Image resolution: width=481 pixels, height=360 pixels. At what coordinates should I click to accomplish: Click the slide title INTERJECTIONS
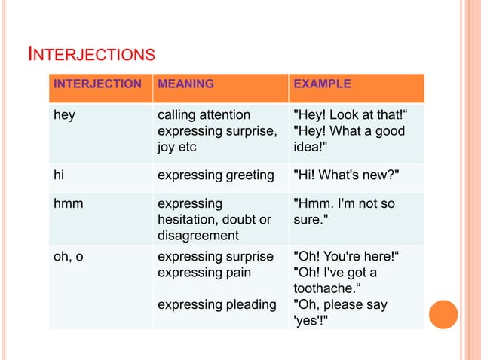pos(91,54)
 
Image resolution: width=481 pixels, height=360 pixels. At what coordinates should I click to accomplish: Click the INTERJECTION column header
pos(97,84)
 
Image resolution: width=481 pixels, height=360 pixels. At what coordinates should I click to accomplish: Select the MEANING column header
pos(185,84)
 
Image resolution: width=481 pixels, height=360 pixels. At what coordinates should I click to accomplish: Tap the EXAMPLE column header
pos(322,84)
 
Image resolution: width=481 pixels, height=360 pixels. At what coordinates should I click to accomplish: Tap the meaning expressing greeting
pos(215,175)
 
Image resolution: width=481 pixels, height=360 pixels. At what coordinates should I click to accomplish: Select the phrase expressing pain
pos(205,272)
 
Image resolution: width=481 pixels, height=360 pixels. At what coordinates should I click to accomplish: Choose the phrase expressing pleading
pos(216,304)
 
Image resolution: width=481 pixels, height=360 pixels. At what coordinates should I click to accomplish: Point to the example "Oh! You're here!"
pos(345,257)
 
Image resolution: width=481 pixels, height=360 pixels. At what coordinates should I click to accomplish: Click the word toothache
pos(326,288)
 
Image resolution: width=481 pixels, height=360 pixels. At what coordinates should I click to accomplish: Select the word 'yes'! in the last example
pos(311,319)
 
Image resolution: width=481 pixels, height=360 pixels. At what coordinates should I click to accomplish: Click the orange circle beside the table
pos(444,314)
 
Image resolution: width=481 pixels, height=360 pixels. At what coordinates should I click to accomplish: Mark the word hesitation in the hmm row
pos(188,219)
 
